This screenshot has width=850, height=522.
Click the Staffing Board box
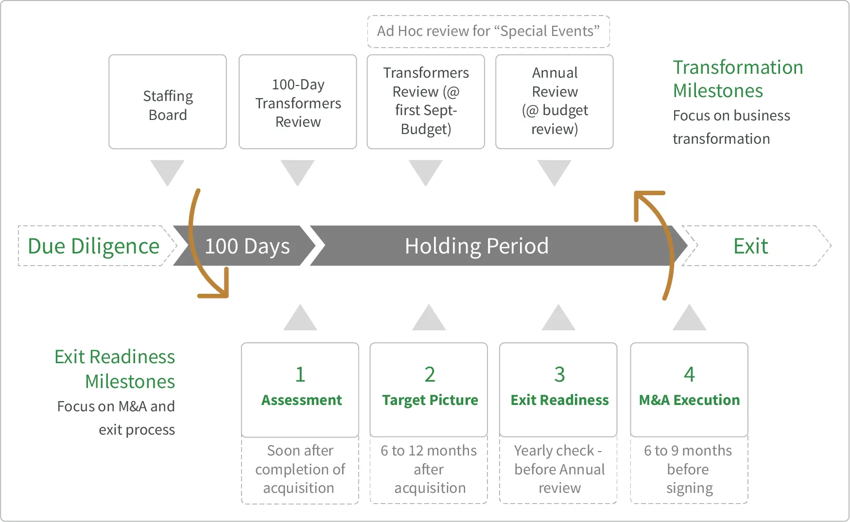click(168, 102)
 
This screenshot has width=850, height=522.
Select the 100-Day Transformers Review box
click(298, 102)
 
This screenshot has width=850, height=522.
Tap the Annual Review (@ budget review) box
click(555, 102)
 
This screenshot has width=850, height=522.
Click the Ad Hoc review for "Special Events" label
click(488, 32)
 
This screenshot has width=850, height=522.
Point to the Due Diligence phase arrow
click(94, 246)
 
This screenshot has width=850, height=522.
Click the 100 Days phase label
click(247, 246)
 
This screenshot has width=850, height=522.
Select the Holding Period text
click(476, 246)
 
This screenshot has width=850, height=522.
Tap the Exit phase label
click(750, 246)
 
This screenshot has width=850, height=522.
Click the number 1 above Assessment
click(300, 374)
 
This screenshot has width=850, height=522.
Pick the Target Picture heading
click(430, 400)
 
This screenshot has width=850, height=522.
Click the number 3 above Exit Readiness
click(559, 374)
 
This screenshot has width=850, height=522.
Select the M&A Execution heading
click(689, 400)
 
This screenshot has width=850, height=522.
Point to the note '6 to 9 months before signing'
click(689, 469)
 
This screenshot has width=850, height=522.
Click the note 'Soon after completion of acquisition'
click(300, 469)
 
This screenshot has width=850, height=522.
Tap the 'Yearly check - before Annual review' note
click(559, 469)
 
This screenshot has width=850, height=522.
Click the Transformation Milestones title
click(737, 79)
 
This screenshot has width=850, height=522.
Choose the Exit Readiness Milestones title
click(115, 369)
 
